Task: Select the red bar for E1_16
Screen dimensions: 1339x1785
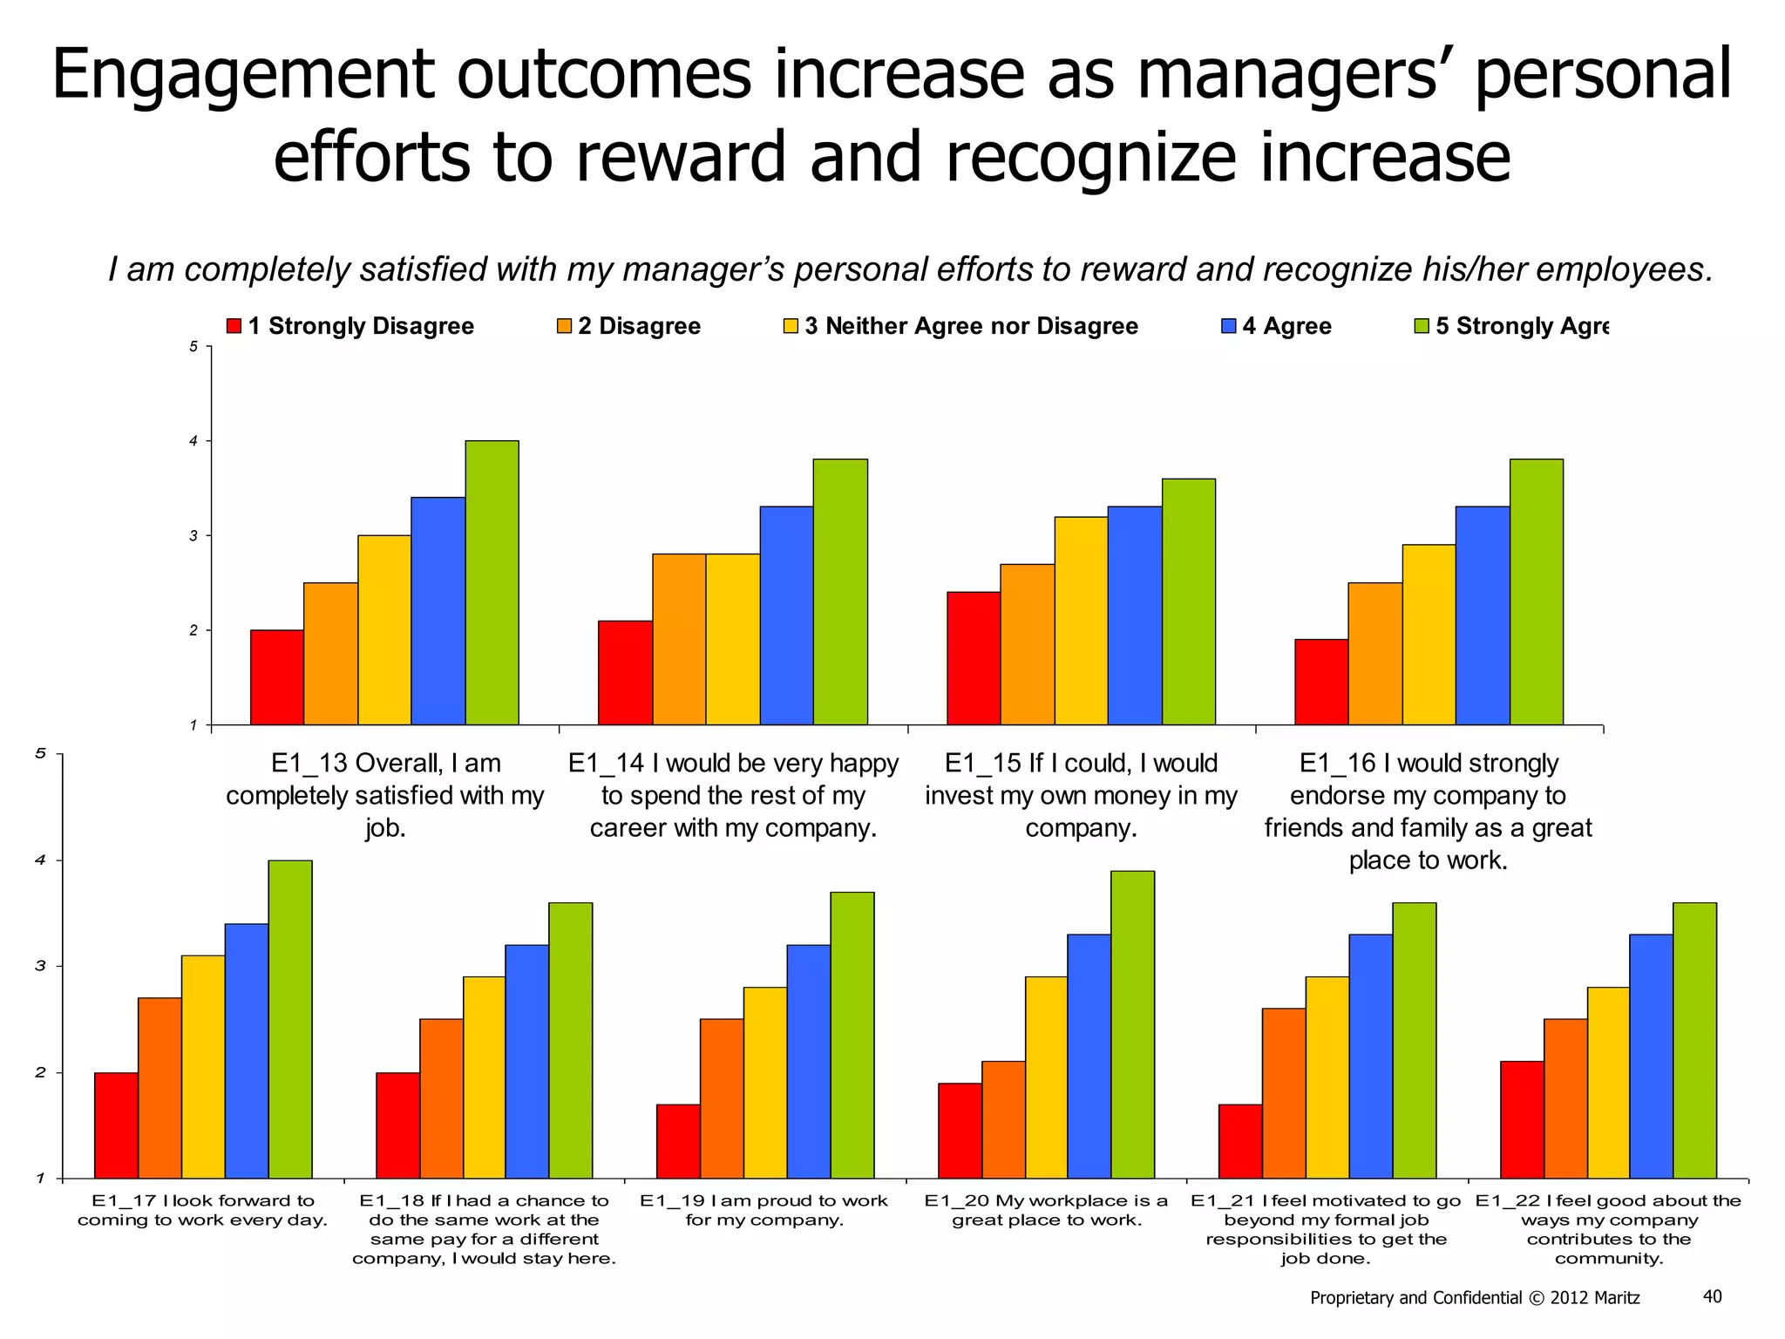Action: tap(1321, 682)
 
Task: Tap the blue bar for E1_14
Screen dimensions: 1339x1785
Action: tap(786, 615)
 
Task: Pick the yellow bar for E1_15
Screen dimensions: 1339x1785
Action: tap(1081, 621)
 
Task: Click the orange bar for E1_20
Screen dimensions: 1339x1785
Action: tap(1003, 1119)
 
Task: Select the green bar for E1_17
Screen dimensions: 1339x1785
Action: tap(290, 1019)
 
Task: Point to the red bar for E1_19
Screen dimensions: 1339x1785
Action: tap(678, 1141)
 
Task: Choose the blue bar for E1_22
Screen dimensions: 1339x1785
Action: tap(1651, 1056)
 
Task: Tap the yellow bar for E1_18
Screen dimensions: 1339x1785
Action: tap(484, 1077)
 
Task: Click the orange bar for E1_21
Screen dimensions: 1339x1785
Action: tap(1284, 1093)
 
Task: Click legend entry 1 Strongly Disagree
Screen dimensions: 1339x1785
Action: tap(350, 326)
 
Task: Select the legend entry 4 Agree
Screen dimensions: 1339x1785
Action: tap(1277, 326)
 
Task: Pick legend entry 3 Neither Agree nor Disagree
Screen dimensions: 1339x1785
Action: tap(961, 326)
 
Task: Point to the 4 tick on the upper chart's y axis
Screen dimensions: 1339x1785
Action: tap(194, 441)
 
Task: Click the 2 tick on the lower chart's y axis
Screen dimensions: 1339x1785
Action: tap(40, 1073)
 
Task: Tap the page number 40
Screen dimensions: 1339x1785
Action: tap(1712, 1296)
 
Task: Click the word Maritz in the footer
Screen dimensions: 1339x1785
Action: tap(1617, 1298)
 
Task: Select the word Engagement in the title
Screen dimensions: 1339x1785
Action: tap(241, 77)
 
